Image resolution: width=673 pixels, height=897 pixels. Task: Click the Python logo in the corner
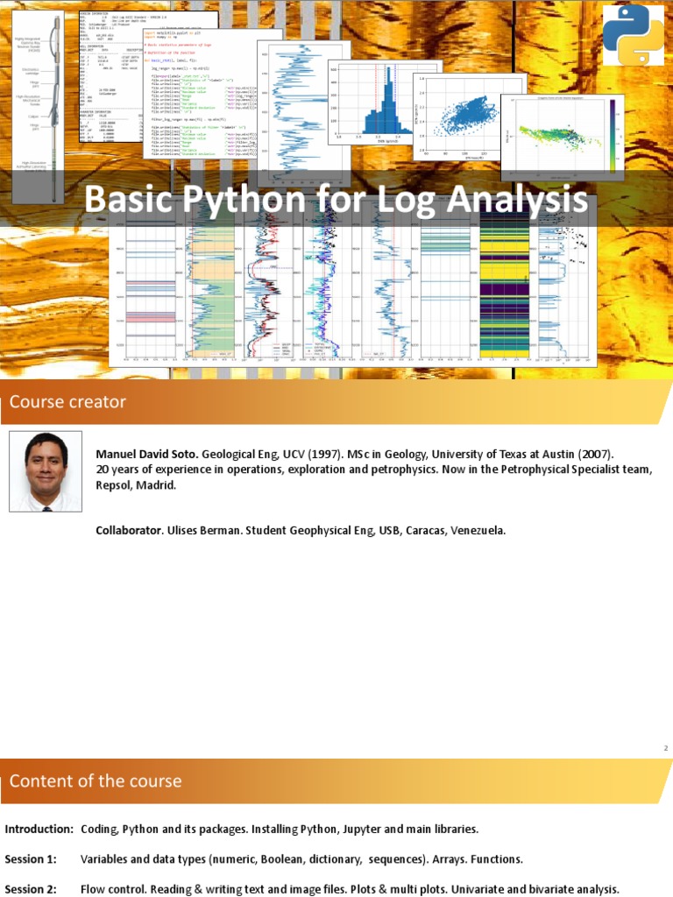[633, 35]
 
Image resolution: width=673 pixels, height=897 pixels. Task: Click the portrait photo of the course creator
[46, 471]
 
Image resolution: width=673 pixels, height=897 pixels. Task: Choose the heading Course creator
[67, 402]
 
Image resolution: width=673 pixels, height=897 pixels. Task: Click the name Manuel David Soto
[147, 456]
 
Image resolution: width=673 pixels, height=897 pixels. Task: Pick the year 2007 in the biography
[593, 456]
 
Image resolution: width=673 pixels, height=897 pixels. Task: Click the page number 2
[666, 748]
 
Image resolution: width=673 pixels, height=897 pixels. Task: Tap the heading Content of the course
[96, 780]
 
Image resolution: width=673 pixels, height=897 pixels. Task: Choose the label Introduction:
[39, 829]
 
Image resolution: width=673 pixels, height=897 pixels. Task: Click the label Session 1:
[30, 858]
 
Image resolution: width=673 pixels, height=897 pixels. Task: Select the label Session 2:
[30, 888]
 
